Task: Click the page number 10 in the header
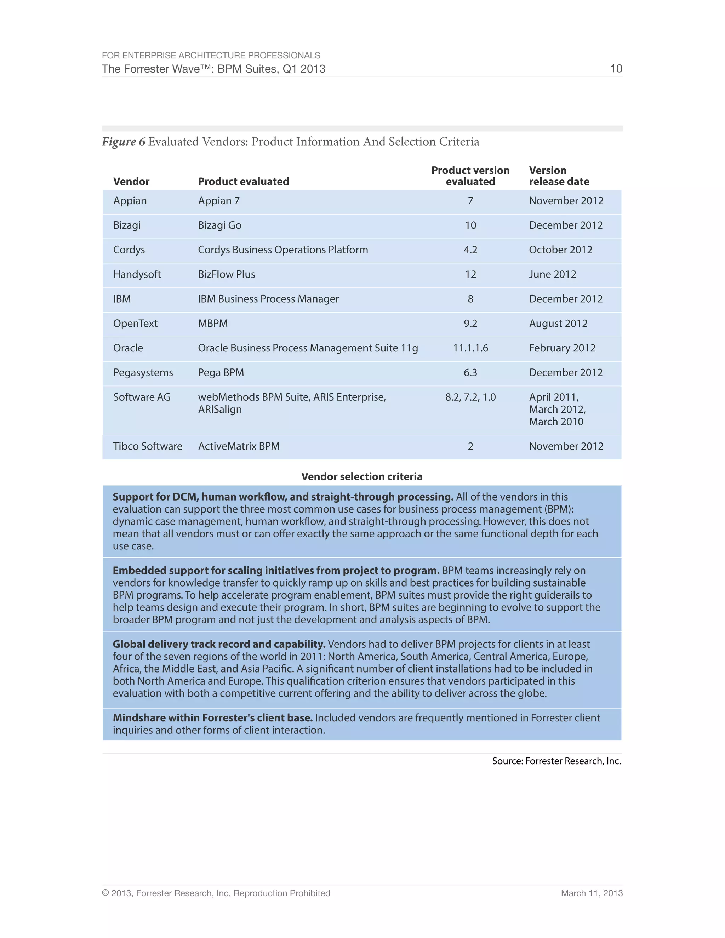coord(616,69)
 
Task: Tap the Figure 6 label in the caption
coord(123,142)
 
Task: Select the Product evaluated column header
coord(243,181)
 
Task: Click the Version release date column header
coord(558,176)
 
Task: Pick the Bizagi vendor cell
coord(127,225)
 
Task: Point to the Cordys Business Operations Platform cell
coord(282,250)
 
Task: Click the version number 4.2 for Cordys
coord(470,250)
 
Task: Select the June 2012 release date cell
coord(552,274)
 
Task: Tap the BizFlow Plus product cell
coord(226,274)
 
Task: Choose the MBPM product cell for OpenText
coord(213,324)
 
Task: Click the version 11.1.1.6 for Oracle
coord(470,348)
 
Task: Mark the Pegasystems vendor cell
coord(143,372)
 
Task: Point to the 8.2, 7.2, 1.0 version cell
coord(470,397)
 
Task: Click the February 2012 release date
coord(562,348)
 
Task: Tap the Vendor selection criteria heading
coord(362,476)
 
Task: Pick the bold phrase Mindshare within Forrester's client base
coord(213,718)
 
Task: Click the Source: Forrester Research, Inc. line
coord(556,761)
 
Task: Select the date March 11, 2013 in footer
coord(592,893)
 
